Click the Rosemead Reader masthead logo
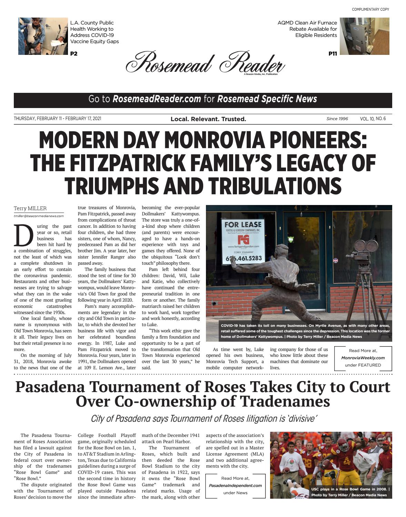click(x=205, y=62)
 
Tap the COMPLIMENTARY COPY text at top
click(x=370, y=9)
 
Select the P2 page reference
click(x=74, y=53)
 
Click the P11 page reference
click(x=333, y=53)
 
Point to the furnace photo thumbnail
click(x=364, y=36)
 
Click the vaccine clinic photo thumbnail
click(x=43, y=36)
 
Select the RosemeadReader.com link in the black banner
click(x=157, y=99)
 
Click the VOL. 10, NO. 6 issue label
click(x=373, y=119)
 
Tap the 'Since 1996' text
click(x=337, y=119)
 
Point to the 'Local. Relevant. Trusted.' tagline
click(x=208, y=119)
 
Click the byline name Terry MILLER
click(x=30, y=208)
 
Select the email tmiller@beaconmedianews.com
click(x=39, y=216)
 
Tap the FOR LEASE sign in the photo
click(x=243, y=225)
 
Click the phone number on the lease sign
click(x=244, y=258)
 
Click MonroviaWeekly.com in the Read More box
click(x=363, y=358)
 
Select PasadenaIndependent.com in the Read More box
click(x=235, y=485)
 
